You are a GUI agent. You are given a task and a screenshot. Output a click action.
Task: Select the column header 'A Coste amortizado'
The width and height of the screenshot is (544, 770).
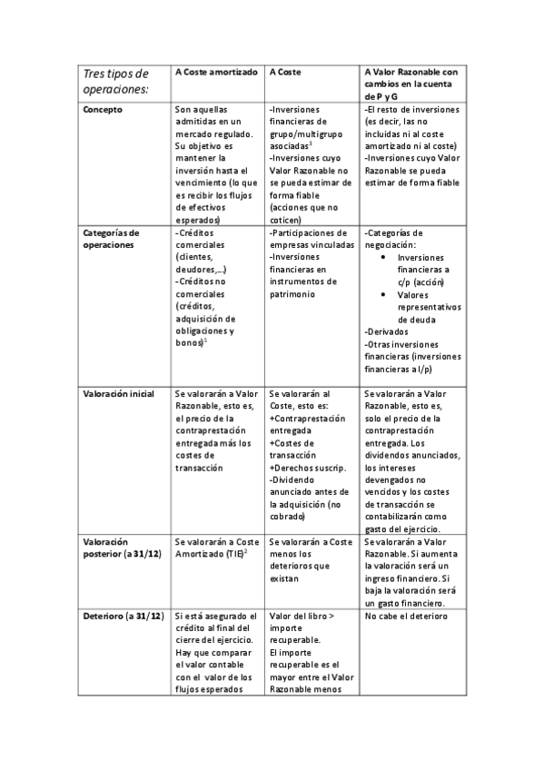click(216, 71)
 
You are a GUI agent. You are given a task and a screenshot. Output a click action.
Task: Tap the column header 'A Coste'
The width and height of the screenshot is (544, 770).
click(285, 71)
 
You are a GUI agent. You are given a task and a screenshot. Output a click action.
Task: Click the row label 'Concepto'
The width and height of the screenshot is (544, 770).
click(103, 110)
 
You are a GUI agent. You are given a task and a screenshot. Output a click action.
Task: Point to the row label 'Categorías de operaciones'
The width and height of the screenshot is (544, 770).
click(111, 239)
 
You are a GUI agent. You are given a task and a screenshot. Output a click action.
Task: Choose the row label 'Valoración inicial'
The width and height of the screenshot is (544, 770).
click(118, 394)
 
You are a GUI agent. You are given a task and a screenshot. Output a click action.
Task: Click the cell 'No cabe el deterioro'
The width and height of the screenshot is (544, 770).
click(405, 616)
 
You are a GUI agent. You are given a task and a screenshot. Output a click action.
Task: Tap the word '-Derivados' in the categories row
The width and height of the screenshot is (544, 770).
click(385, 331)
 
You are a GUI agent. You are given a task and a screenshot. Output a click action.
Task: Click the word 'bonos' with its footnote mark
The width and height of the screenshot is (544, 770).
click(191, 342)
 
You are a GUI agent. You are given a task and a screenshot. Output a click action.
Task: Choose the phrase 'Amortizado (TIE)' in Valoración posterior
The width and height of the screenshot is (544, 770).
click(209, 554)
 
